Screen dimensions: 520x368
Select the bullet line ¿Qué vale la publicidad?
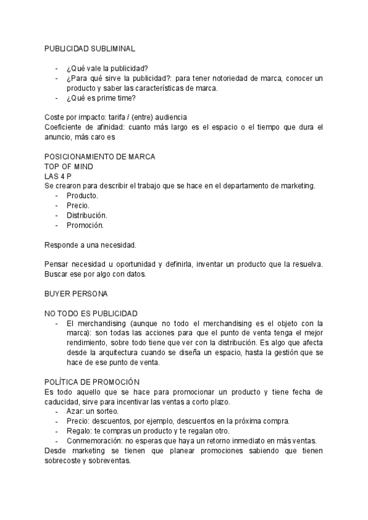point(107,68)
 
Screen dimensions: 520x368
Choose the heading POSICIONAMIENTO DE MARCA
point(100,156)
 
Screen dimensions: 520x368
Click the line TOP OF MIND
point(68,166)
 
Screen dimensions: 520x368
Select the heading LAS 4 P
point(58,176)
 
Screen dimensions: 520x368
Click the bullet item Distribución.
point(86,215)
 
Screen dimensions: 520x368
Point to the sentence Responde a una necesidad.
point(90,245)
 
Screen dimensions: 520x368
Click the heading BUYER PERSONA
point(76,294)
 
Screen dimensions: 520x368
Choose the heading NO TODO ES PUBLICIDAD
point(91,313)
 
